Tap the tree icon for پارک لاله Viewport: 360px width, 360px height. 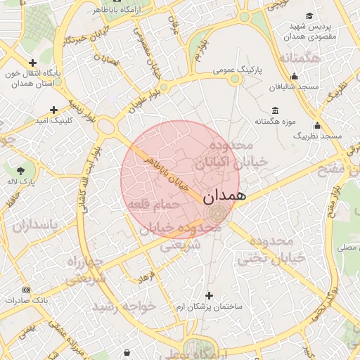tap(22, 169)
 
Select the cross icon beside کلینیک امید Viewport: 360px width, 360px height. tap(54, 110)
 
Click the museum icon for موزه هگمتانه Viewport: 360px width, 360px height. tap(274, 111)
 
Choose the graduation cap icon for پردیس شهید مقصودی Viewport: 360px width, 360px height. tap(309, 16)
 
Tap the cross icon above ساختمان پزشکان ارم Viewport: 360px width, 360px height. tap(208, 295)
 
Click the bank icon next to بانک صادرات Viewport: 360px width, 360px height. tap(27, 290)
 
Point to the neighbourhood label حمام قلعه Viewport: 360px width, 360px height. tap(153, 204)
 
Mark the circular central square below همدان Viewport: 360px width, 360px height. tap(216, 214)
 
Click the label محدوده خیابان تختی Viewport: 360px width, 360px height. tap(271, 250)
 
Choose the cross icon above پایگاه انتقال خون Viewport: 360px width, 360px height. tap(32, 63)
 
